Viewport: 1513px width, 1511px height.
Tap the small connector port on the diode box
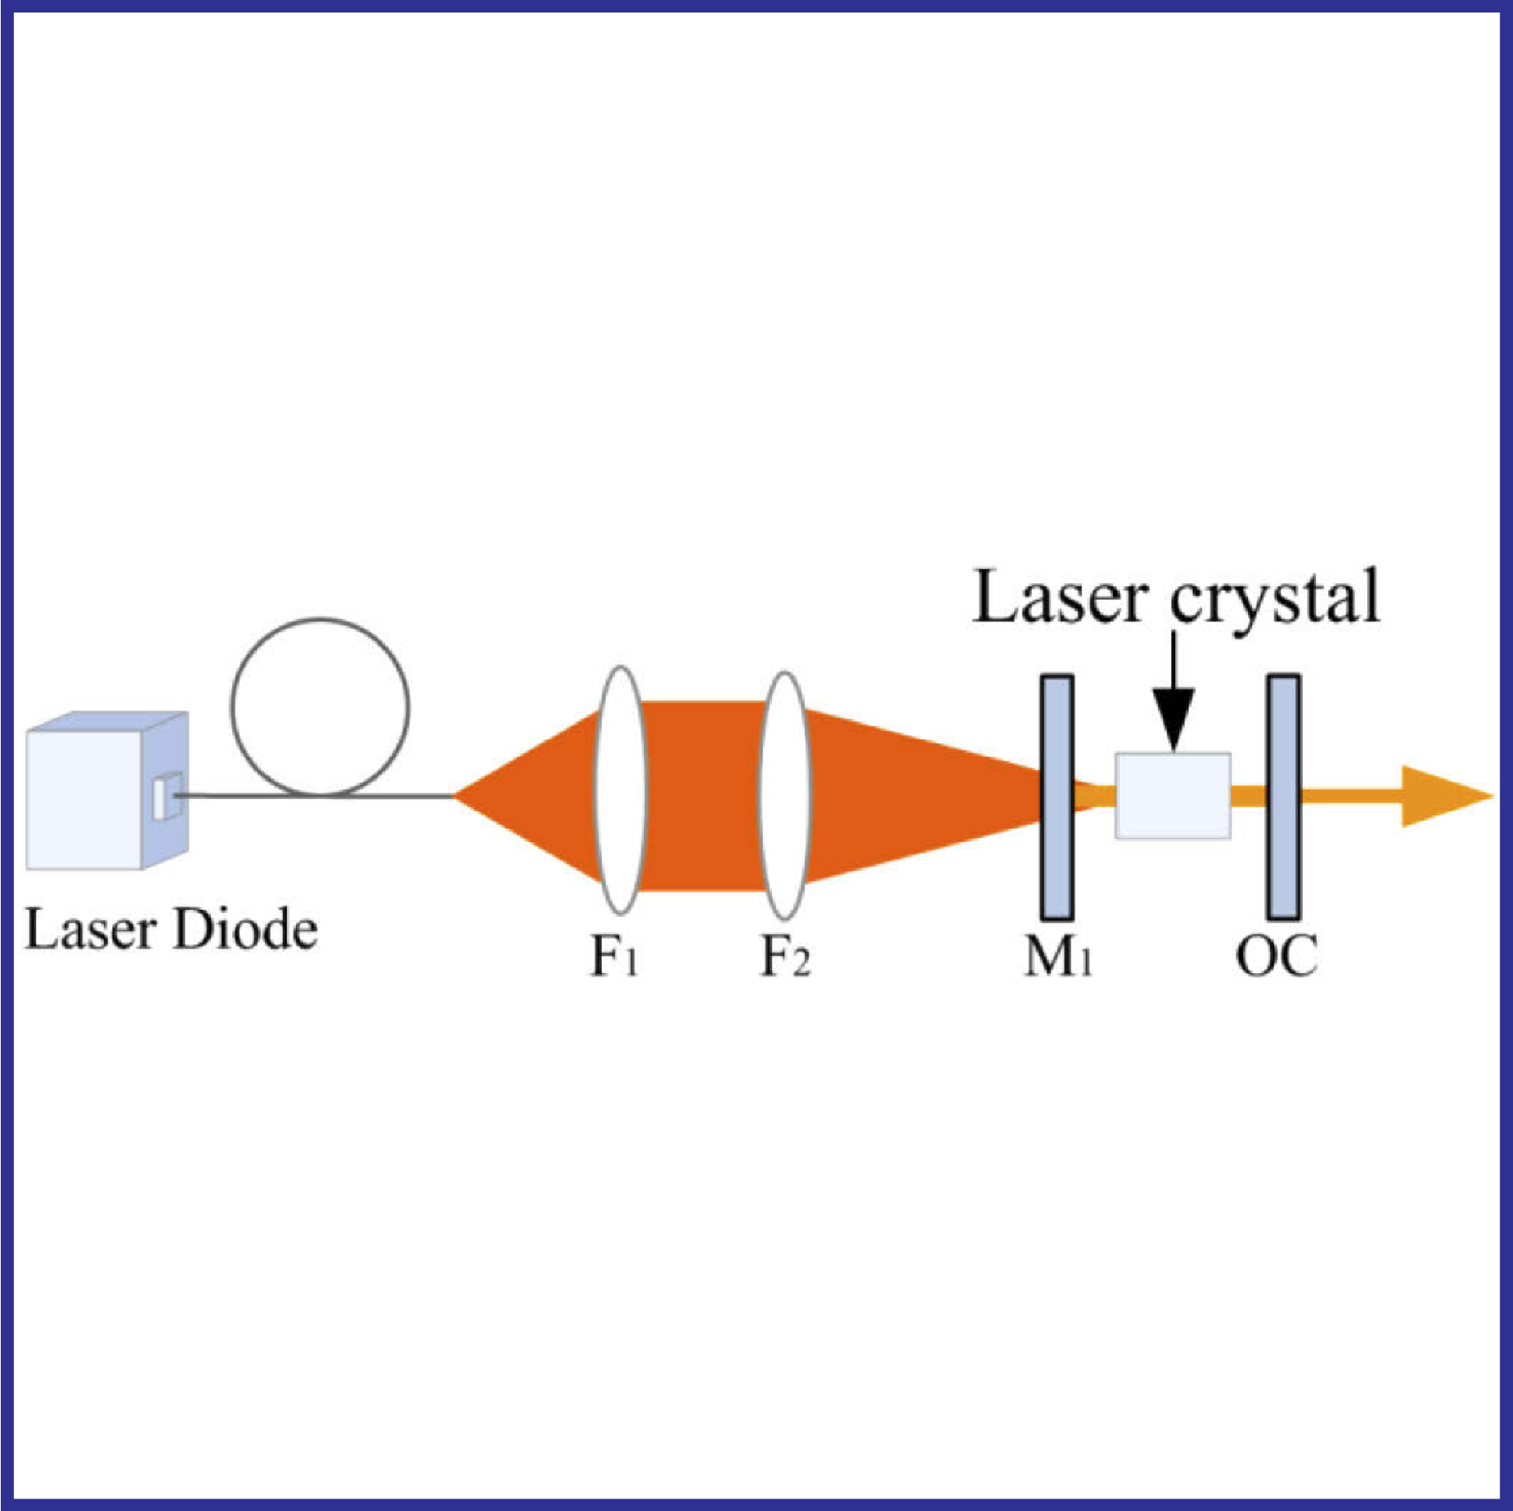click(167, 796)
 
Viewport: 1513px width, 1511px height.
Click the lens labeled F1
click(621, 790)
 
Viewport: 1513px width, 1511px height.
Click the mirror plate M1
click(1057, 797)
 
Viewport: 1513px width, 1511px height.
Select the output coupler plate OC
click(1282, 796)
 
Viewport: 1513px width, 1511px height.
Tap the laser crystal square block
click(1172, 796)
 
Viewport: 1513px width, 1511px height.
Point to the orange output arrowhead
click(1441, 797)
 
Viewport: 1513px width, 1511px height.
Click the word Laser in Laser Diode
click(88, 929)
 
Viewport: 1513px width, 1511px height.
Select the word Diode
click(245, 929)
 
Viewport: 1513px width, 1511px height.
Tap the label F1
click(614, 958)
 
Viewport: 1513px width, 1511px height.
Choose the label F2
click(785, 958)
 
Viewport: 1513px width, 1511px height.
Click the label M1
click(1057, 958)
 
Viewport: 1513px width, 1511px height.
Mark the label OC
click(1276, 957)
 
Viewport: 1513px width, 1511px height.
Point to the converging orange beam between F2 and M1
click(916, 796)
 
